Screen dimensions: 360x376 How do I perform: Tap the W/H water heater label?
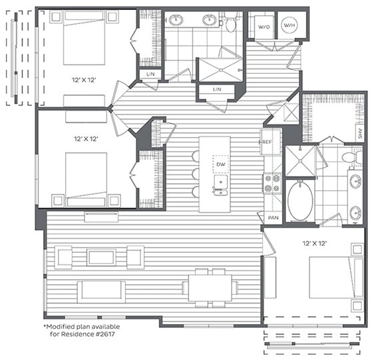tap(290, 27)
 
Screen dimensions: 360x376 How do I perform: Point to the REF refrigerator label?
tap(265, 142)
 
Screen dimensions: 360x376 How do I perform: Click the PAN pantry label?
tap(274, 218)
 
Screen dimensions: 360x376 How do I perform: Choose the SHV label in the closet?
tap(359, 133)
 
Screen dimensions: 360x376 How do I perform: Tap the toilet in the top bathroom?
tap(230, 24)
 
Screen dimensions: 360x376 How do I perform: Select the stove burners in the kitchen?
tap(272, 183)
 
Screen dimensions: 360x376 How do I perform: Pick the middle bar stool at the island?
tap(195, 174)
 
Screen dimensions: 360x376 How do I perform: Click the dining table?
tap(210, 287)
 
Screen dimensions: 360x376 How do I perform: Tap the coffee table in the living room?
tap(101, 257)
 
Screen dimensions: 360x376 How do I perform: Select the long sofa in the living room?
tap(100, 291)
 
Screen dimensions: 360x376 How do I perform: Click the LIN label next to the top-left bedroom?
tap(150, 74)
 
